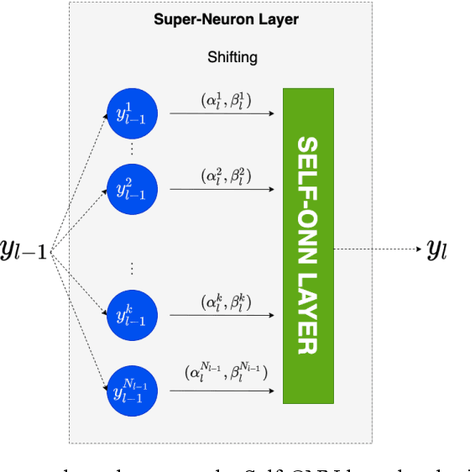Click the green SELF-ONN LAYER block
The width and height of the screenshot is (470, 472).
tap(308, 244)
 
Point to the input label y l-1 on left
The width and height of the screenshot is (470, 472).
tap(28, 249)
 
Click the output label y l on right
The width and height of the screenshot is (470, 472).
tap(437, 249)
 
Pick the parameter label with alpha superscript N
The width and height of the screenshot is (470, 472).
tap(225, 370)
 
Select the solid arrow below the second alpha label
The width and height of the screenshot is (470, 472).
tap(222, 189)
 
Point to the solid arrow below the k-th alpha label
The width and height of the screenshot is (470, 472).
tap(222, 317)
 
